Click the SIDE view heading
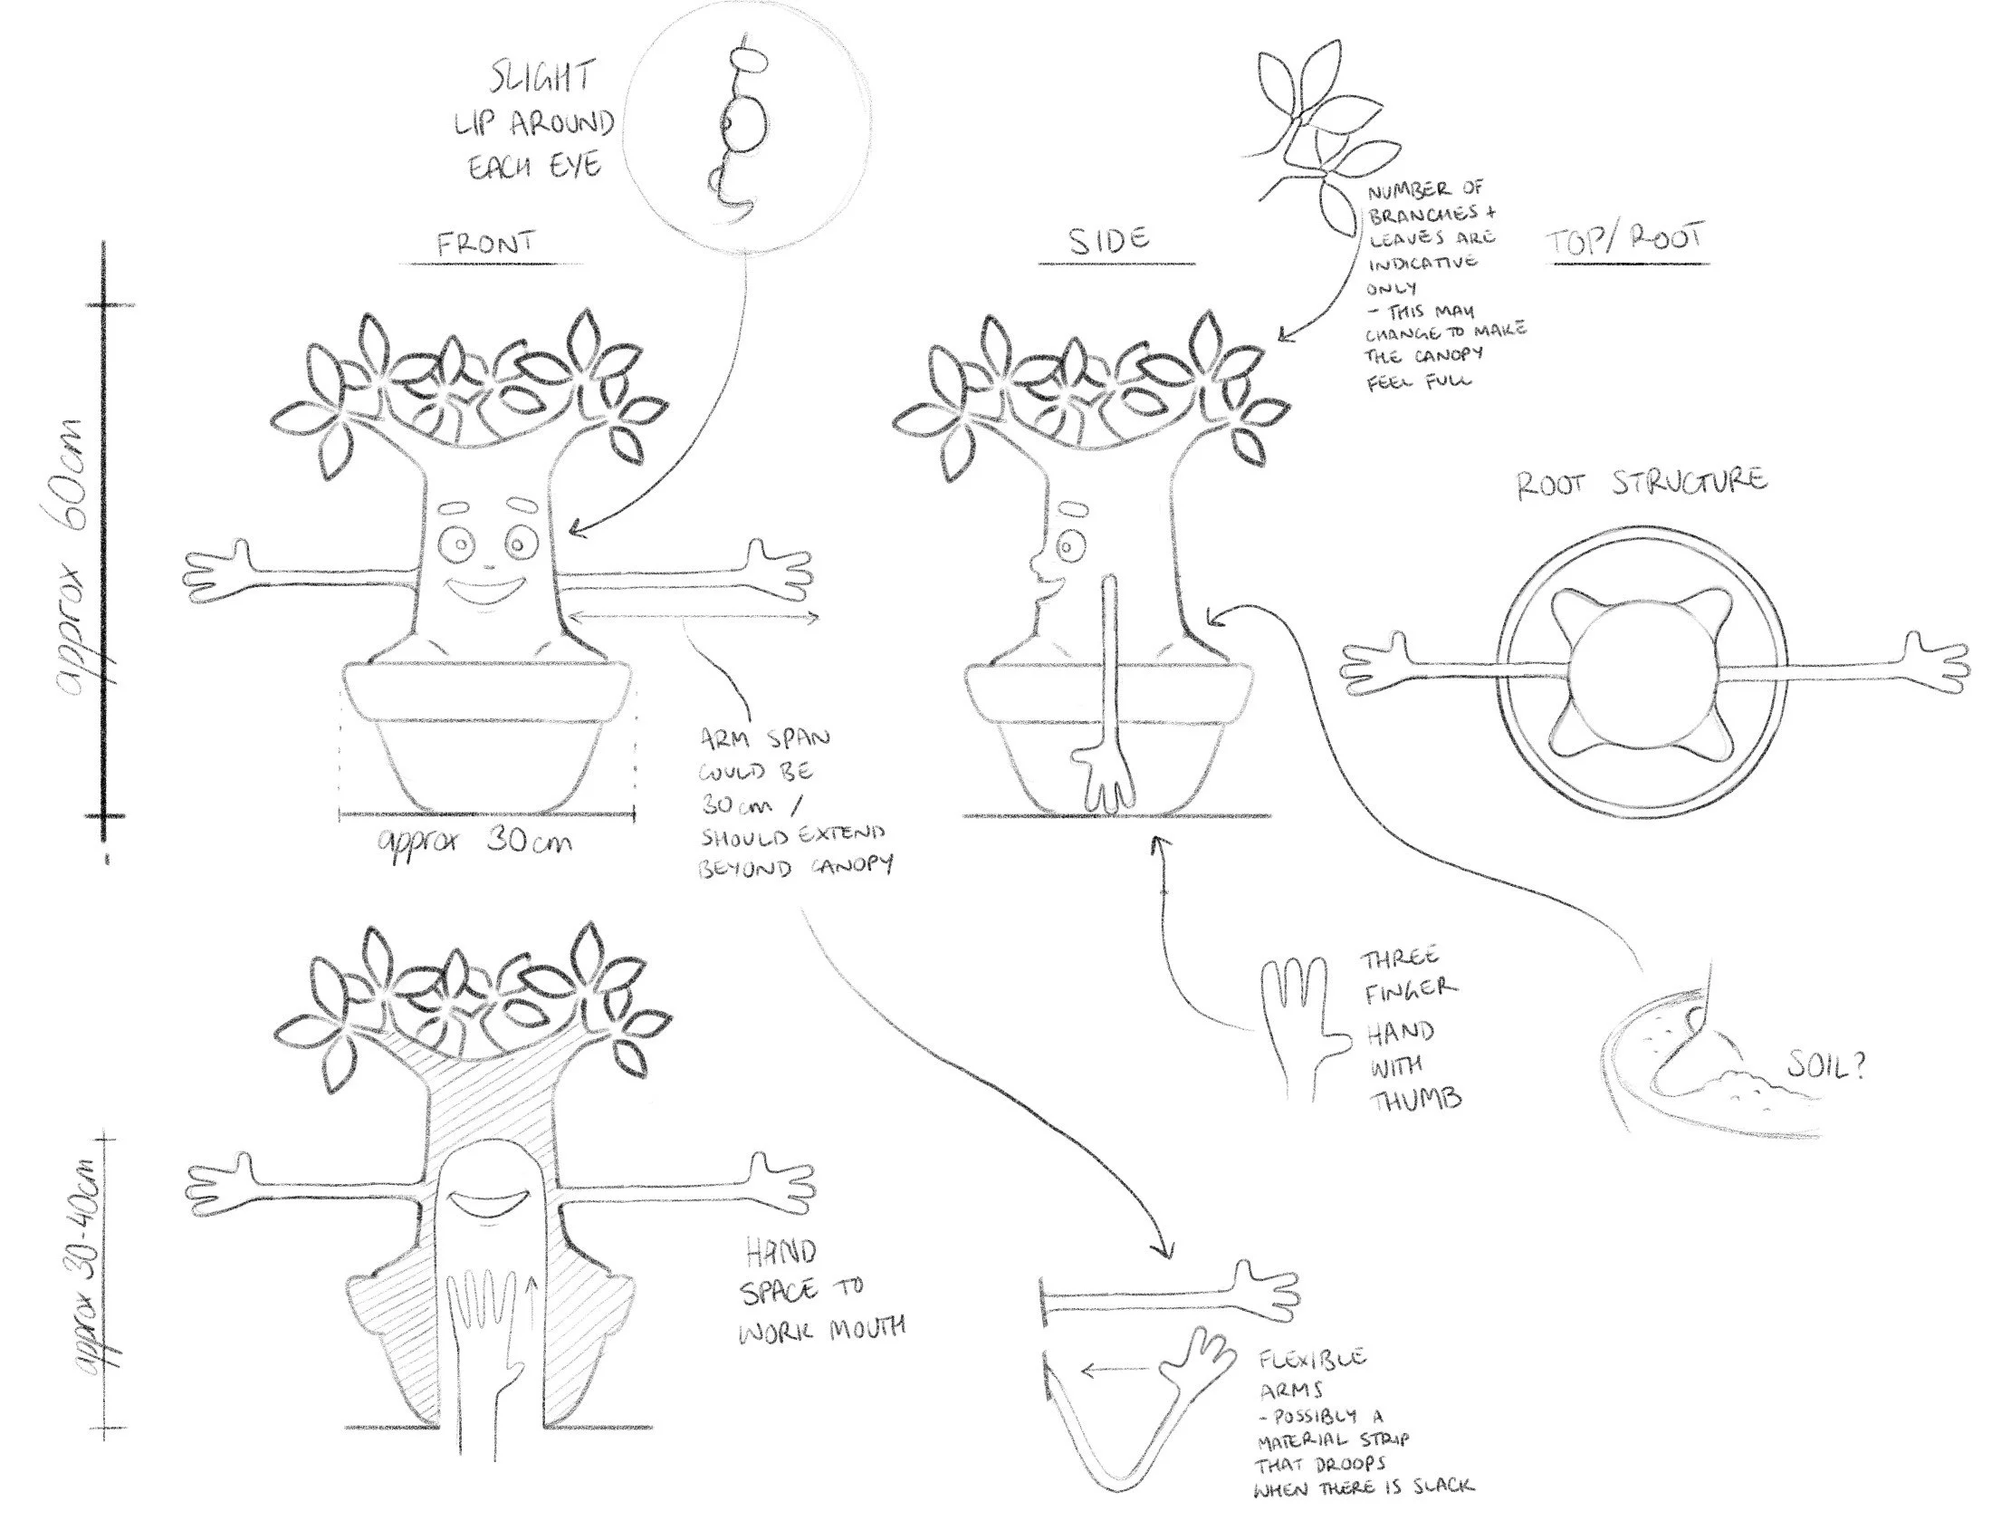pyautogui.click(x=1109, y=240)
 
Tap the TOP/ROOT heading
pyautogui.click(x=1625, y=240)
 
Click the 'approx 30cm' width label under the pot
pyautogui.click(x=475, y=841)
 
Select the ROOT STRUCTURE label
pyautogui.click(x=1642, y=482)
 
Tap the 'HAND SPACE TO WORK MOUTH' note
pyautogui.click(x=818, y=1294)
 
